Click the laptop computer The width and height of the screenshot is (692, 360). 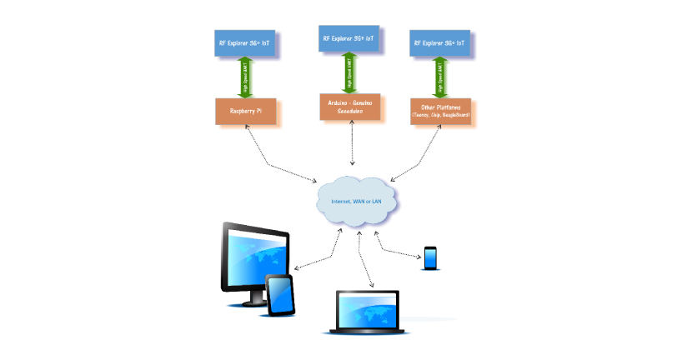point(367,313)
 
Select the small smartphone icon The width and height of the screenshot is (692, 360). point(430,258)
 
